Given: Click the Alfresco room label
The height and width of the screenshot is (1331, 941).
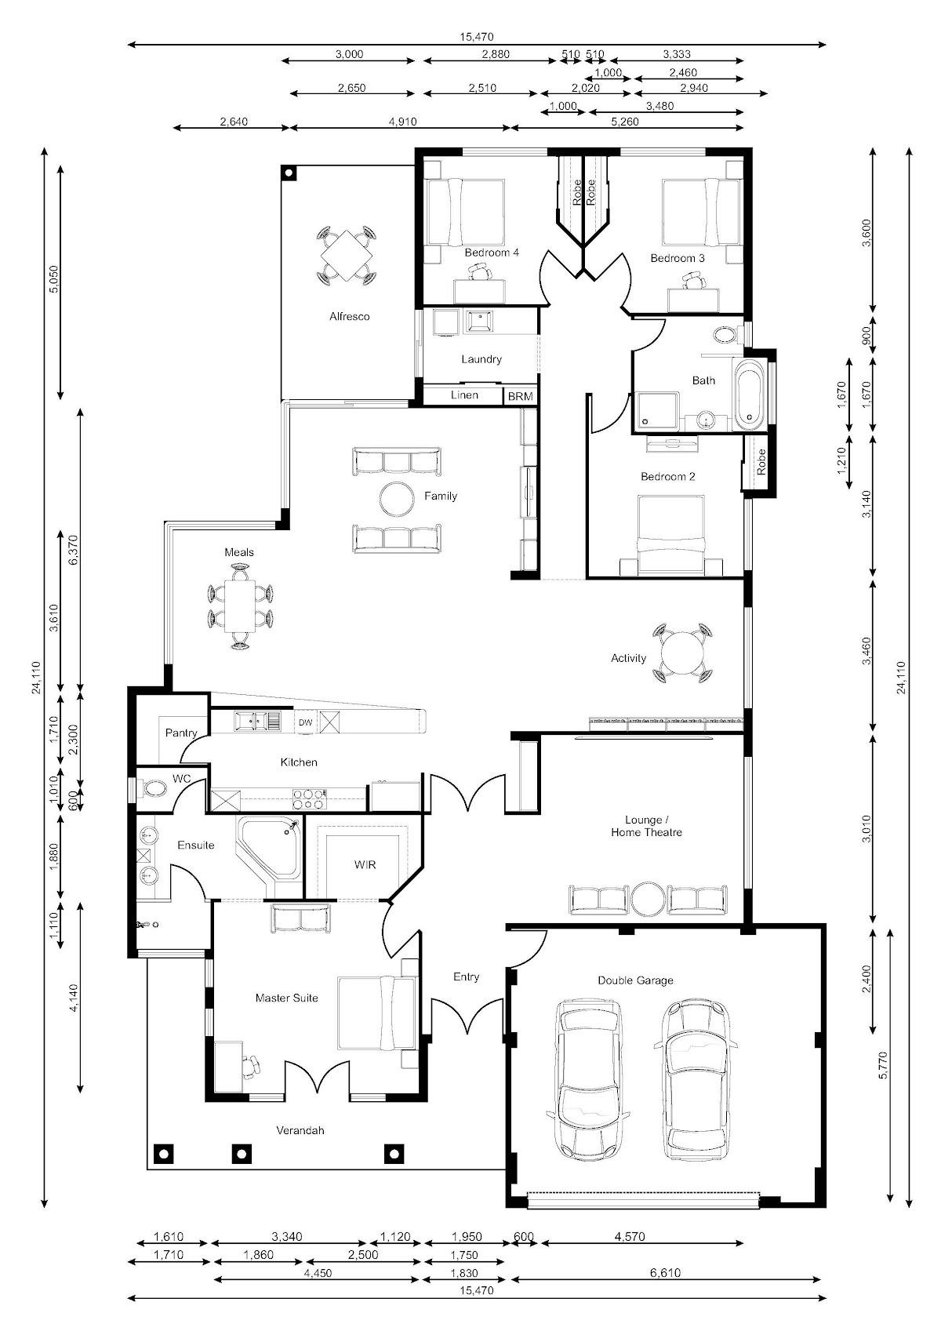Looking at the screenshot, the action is (349, 317).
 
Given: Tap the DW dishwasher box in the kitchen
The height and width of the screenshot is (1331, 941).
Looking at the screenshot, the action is (305, 722).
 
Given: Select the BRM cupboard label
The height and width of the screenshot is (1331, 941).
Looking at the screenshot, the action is (521, 396).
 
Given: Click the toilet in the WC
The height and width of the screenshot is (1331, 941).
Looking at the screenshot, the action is (154, 788).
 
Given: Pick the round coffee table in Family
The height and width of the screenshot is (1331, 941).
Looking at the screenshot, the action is (397, 498).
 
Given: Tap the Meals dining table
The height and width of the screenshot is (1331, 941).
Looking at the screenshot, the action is (240, 606).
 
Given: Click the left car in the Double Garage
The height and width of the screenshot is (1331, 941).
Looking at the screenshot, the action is (588, 1078).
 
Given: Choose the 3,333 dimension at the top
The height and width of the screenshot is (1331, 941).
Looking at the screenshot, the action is (677, 54).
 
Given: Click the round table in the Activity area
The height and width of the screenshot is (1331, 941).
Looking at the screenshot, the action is (682, 652).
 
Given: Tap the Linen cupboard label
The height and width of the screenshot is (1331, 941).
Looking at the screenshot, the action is (464, 395).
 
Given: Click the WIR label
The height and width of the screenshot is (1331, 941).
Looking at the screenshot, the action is (365, 865).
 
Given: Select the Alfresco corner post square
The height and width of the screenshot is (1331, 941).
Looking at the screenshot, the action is (289, 173).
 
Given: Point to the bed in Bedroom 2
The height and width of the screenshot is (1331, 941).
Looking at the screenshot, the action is (670, 535).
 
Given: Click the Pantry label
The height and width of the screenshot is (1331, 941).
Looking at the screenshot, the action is (180, 733).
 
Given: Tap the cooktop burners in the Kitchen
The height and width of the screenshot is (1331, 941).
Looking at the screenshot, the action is (310, 798).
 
